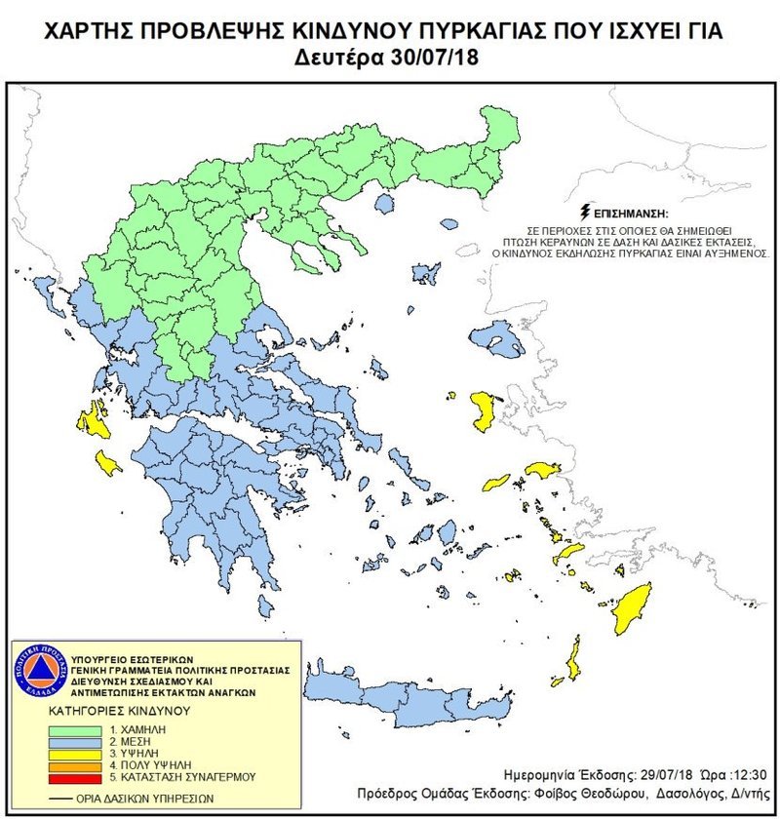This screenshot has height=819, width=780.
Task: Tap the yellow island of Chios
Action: [x=482, y=409]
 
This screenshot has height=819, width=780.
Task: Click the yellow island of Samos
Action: [x=540, y=470]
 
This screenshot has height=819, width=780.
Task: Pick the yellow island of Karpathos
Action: [x=573, y=661]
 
